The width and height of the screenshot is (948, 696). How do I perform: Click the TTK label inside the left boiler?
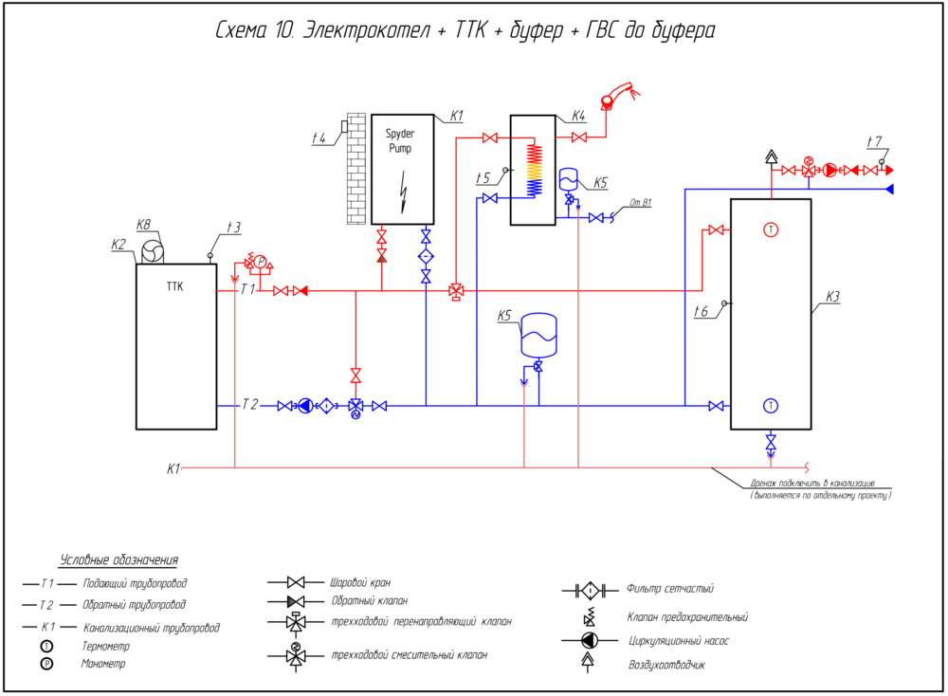[175, 285]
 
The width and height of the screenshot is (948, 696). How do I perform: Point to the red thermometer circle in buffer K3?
[771, 229]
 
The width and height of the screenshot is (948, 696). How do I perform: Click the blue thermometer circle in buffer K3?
[771, 406]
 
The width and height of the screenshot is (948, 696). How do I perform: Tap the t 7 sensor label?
[874, 142]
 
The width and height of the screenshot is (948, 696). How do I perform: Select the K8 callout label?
[144, 225]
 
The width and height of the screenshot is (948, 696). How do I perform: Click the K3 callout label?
[832, 297]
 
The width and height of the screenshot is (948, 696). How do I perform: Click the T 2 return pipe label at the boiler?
[248, 405]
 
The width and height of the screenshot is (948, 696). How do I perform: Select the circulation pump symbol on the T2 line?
[305, 406]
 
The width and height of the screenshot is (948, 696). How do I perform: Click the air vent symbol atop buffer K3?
[772, 157]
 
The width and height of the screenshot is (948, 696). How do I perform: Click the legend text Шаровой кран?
[359, 582]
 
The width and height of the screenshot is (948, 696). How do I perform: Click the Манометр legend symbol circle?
[45, 664]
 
